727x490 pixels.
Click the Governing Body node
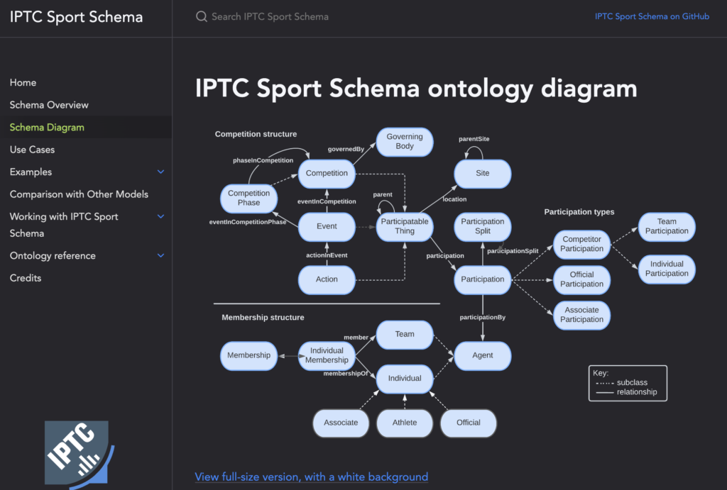click(x=405, y=142)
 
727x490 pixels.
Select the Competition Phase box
click(x=248, y=198)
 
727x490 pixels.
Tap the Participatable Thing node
click(x=405, y=226)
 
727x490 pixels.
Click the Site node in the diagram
click(x=483, y=173)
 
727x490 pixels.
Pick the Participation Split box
click(x=483, y=226)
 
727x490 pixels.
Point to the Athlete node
click(x=405, y=423)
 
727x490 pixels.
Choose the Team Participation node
click(x=667, y=226)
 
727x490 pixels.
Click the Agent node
click(x=483, y=356)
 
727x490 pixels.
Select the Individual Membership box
click(x=327, y=355)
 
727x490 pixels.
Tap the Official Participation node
click(x=581, y=279)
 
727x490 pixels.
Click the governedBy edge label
click(x=346, y=150)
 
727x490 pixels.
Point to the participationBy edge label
click(x=483, y=317)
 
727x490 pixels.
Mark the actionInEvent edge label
click(x=327, y=255)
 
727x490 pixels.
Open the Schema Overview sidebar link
click(x=49, y=105)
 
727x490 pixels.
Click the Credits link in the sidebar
click(x=26, y=278)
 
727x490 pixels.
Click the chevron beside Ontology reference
click(x=160, y=256)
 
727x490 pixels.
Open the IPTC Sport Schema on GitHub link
click(x=652, y=16)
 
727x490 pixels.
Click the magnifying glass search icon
click(x=202, y=16)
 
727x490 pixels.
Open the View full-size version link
click(x=312, y=477)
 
